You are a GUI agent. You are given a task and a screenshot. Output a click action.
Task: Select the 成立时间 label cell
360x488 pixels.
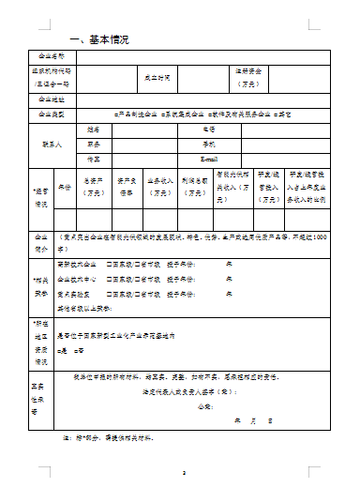(x=157, y=77)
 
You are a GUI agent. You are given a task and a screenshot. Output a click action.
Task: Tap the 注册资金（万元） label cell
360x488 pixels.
(x=247, y=77)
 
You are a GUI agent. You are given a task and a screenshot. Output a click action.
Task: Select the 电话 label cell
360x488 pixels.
(x=209, y=129)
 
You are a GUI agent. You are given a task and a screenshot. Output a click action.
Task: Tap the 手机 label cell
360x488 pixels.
(x=209, y=145)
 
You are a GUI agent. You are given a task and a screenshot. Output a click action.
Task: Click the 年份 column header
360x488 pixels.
(x=65, y=187)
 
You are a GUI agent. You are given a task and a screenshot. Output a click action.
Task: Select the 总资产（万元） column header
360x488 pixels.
(x=94, y=187)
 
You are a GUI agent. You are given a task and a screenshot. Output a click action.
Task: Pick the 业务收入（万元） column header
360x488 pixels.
(x=158, y=187)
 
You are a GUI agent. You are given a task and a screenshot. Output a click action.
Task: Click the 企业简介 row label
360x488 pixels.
(x=42, y=241)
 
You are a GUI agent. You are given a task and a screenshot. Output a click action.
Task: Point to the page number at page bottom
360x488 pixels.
(x=185, y=473)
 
